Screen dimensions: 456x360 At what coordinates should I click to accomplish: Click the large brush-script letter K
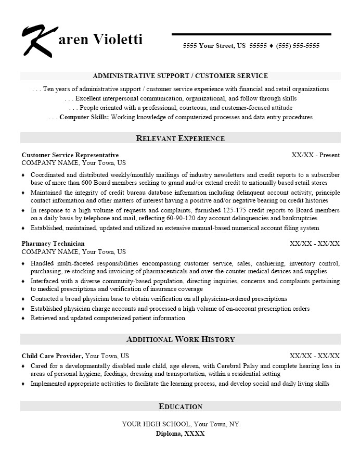37,40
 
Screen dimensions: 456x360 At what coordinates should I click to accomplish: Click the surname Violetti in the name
119,40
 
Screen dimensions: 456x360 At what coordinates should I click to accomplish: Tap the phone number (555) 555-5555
298,46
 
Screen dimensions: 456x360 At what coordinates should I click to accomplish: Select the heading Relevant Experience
180,138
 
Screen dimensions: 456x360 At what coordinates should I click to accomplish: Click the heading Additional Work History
180,339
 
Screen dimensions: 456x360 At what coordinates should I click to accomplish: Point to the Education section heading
180,407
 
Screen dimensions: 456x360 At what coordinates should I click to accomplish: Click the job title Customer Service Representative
70,155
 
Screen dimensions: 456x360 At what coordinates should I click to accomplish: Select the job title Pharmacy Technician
53,244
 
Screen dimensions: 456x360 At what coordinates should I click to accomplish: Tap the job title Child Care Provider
52,356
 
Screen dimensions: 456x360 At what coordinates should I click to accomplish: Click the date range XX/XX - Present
315,155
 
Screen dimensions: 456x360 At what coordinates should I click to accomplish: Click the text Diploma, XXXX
180,433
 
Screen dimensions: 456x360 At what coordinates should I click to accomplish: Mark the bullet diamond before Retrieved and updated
23,318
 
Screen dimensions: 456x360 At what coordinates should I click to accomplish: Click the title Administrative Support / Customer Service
180,76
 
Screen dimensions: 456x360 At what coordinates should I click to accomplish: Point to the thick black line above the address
251,34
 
